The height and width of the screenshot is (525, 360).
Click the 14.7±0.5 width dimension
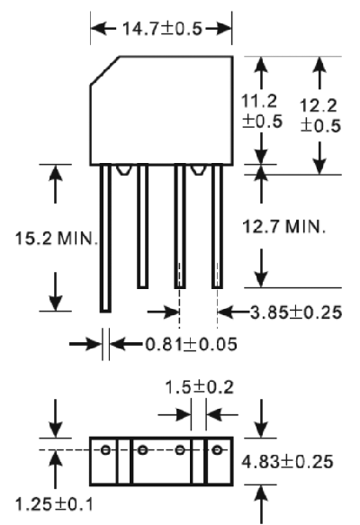pos(163,29)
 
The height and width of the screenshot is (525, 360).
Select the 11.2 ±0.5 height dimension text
pos(262,111)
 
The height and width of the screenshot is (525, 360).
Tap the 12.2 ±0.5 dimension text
pos(320,115)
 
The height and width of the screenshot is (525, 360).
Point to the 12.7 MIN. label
pos(283,226)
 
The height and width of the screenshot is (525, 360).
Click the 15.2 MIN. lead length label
pos(57,239)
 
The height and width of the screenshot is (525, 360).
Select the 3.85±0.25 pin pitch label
pos(296,312)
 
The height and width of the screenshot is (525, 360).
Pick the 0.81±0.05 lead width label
pos(192,344)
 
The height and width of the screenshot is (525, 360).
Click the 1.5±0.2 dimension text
pos(200,387)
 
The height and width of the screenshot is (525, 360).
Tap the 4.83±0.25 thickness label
pos(287,461)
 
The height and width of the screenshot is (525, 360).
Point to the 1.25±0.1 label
pos(54,504)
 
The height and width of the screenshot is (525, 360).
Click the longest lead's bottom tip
pos(105,312)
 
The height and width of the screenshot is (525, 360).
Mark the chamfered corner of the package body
pos(104,70)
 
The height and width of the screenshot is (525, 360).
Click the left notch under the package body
pos(123,170)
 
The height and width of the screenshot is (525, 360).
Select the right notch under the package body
pos(198,170)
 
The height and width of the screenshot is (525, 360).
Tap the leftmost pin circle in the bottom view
pos(105,449)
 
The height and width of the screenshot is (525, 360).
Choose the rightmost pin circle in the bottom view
pos(217,449)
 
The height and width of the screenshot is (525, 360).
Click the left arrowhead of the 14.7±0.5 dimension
pos(97,28)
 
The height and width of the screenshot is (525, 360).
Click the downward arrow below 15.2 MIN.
pos(56,291)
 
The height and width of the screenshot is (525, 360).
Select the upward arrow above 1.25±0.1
pos(56,469)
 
